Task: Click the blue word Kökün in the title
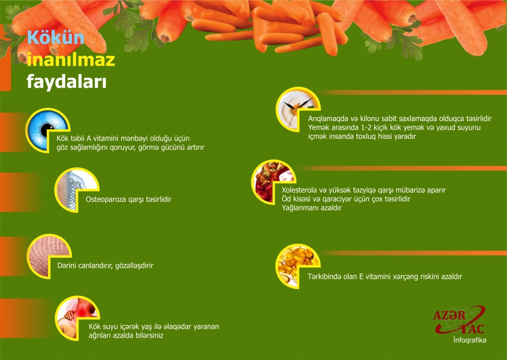(55, 38)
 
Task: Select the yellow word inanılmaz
(71, 60)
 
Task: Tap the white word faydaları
(67, 82)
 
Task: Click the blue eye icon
(47, 130)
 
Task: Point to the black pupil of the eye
(47, 130)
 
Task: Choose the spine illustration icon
(77, 190)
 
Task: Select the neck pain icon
(77, 318)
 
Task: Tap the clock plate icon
(298, 109)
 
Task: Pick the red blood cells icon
(274, 182)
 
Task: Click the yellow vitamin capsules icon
(298, 266)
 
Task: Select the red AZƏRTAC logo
(459, 320)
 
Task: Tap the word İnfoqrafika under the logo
(470, 340)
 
